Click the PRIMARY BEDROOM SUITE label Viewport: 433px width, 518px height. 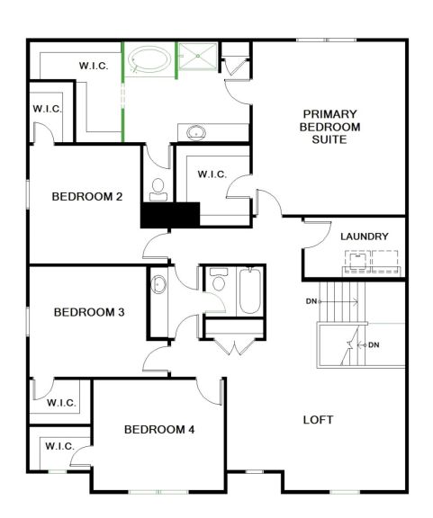pos(329,127)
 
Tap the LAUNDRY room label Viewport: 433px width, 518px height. pos(365,237)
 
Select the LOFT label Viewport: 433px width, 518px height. pos(318,420)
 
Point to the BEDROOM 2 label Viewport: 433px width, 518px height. pos(87,197)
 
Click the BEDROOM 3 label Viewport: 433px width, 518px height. pos(89,312)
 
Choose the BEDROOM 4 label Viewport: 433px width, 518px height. pos(159,430)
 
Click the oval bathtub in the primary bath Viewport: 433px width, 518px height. pos(149,59)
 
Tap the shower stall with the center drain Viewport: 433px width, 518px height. pos(198,56)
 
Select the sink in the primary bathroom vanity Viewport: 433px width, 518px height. pos(196,132)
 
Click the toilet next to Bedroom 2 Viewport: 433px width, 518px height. pos(158,190)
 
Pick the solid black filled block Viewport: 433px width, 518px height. pos(170,215)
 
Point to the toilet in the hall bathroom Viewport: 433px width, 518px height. pos(219,280)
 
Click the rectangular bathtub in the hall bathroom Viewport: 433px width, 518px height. pos(250,290)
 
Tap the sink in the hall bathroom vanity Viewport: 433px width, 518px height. pos(158,284)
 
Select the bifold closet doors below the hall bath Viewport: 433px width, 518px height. pos(235,347)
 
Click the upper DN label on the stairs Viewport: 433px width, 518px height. pos(311,301)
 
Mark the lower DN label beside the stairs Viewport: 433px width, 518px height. pos(374,345)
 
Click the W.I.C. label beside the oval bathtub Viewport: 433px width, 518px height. pos(94,66)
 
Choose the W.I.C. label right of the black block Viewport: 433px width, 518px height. pos(212,174)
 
